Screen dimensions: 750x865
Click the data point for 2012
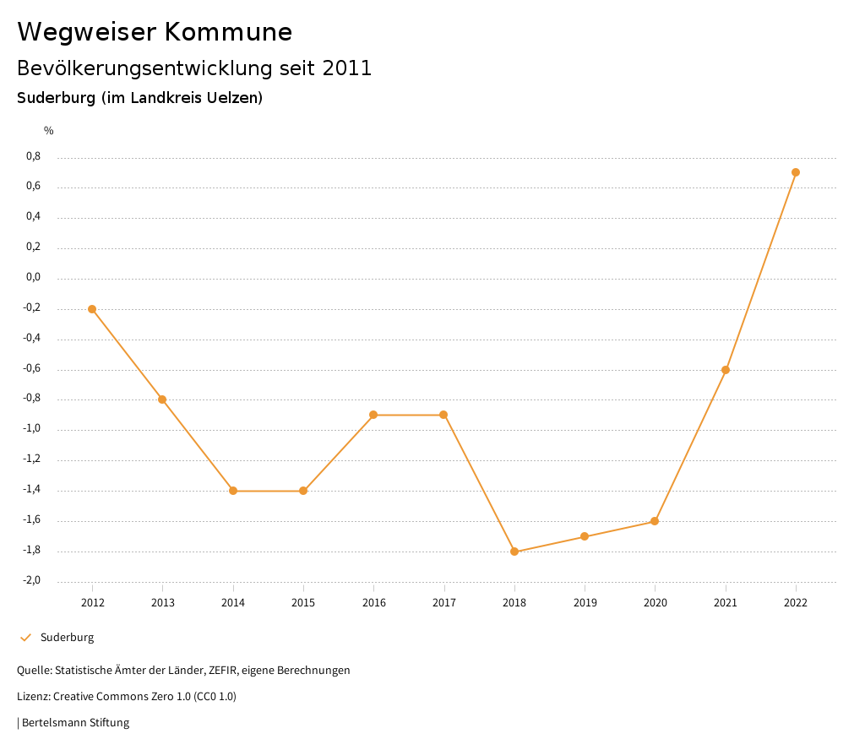[92, 309]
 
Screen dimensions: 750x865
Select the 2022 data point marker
[796, 172]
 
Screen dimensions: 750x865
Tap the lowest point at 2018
[514, 552]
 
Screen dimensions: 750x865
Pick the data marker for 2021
[726, 370]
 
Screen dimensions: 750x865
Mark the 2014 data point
[233, 491]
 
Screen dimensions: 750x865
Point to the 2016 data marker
[373, 415]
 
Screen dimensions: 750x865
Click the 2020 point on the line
[655, 521]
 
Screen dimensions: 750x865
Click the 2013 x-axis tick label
[163, 602]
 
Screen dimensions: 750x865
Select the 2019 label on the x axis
[585, 602]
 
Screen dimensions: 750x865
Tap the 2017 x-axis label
[444, 602]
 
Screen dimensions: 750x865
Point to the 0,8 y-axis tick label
[33, 156]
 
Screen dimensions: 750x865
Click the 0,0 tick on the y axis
[33, 277]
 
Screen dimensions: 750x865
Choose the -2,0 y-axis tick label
[31, 580]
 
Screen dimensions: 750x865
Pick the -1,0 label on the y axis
[31, 428]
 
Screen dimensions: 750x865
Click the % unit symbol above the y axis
[49, 130]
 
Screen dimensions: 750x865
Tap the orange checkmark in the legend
[25, 638]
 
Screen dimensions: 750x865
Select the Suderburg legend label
[67, 638]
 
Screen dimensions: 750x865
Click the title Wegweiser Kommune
[155, 32]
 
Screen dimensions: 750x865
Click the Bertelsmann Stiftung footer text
[75, 723]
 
